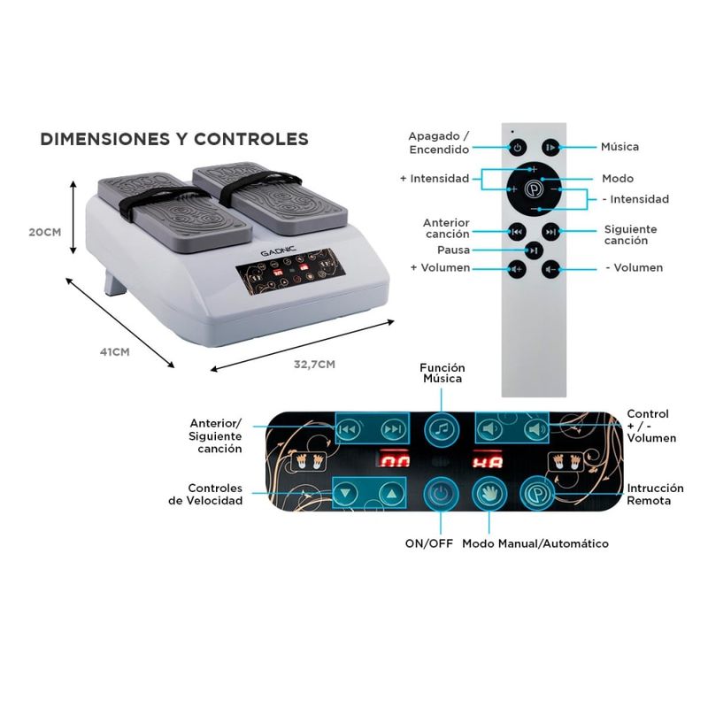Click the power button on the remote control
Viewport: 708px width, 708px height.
point(518,147)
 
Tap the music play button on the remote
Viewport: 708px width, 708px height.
point(550,147)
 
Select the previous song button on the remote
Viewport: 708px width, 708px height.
point(517,232)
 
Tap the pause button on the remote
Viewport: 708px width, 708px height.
point(534,250)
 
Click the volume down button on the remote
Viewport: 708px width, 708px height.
point(550,270)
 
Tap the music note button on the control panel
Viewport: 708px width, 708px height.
point(442,429)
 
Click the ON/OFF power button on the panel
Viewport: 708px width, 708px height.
point(441,494)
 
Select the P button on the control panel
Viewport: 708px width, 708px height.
point(537,494)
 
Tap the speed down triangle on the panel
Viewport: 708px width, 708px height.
point(346,493)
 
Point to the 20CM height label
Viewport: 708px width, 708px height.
point(45,232)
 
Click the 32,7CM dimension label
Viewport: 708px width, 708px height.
point(315,365)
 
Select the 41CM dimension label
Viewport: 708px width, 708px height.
point(115,351)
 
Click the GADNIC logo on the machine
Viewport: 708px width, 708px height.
point(278,251)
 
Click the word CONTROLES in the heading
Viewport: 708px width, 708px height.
point(251,139)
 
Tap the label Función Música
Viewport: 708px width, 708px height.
point(442,373)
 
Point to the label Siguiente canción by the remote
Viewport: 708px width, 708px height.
point(630,235)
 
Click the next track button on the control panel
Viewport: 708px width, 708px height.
point(392,429)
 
